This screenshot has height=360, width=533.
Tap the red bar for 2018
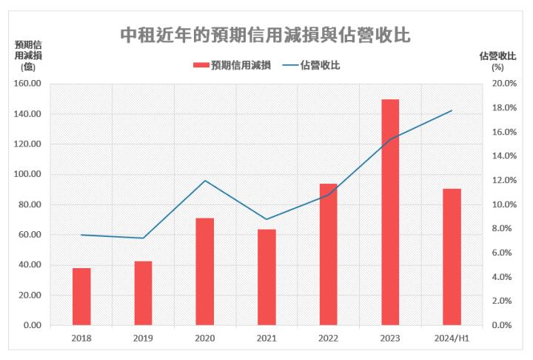(x=81, y=296)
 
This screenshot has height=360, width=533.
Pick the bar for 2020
(x=205, y=272)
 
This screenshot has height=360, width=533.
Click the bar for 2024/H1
(x=452, y=257)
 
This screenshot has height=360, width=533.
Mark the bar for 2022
(x=329, y=254)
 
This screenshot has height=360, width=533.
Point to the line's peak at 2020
(x=205, y=181)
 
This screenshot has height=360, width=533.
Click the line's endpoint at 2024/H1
(x=452, y=110)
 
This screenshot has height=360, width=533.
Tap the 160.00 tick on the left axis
(x=28, y=84)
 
